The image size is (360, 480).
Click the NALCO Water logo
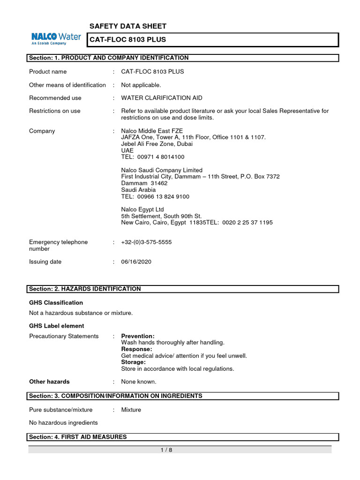coord(56,38)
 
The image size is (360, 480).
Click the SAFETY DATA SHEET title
coord(127,26)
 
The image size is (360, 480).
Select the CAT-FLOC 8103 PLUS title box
coord(213,40)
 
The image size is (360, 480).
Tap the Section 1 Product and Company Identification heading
coord(109,58)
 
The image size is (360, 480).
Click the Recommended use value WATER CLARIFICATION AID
coord(162,98)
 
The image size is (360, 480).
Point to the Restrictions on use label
coord(55,111)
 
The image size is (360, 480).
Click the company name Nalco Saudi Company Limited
coord(162,170)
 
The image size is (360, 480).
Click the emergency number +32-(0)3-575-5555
coord(146,242)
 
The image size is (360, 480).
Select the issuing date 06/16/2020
coord(136,262)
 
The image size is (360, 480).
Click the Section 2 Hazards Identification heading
coord(85,289)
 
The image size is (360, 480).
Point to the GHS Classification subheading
coord(56,303)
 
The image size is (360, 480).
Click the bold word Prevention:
coord(138,336)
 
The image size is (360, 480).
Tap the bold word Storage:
coord(134,362)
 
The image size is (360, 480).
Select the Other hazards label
coord(49,382)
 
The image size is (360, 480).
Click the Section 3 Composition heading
coord(116,396)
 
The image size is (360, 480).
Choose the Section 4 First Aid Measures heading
coord(78,437)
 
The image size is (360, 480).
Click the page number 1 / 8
coord(166,450)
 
